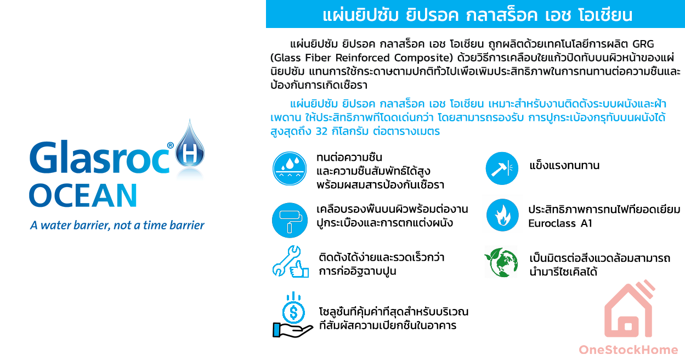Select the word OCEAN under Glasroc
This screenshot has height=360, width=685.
pyautogui.click(x=83, y=196)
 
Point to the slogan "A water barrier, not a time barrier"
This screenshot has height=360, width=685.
pyautogui.click(x=117, y=226)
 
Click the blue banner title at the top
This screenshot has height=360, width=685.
pyautogui.click(x=475, y=15)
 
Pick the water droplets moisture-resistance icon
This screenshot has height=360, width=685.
pyautogui.click(x=290, y=168)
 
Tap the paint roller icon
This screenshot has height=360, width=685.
pyautogui.click(x=290, y=220)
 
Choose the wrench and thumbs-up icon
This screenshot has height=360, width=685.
pyautogui.click(x=290, y=262)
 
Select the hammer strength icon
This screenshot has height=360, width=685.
pyautogui.click(x=502, y=168)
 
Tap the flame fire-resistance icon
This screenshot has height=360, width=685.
pyautogui.click(x=502, y=215)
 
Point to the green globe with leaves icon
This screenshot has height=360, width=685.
pyautogui.click(x=501, y=263)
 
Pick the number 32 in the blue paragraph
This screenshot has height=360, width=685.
pyautogui.click(x=324, y=132)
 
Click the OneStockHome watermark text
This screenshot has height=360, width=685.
pyautogui.click(x=629, y=350)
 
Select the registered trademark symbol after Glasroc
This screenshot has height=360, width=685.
pyautogui.click(x=170, y=145)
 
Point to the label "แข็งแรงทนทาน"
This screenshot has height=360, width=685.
pyautogui.click(x=564, y=166)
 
